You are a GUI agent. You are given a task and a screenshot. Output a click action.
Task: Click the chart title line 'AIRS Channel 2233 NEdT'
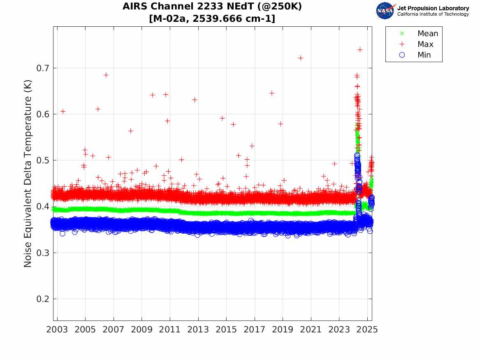coord(212,7)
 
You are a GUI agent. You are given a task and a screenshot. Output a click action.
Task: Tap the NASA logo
coord(385,11)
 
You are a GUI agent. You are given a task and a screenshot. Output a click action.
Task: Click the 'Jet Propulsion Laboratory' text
coord(433,8)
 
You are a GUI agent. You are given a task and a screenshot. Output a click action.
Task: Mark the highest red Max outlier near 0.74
coord(360,49)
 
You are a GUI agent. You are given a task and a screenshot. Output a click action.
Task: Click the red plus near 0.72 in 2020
coord(301,58)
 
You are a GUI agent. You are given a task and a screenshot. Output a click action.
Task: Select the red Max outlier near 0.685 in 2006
coord(106,75)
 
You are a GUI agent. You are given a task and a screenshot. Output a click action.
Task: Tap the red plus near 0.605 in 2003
coord(63,111)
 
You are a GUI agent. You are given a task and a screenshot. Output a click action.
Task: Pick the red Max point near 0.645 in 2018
coord(271,93)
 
